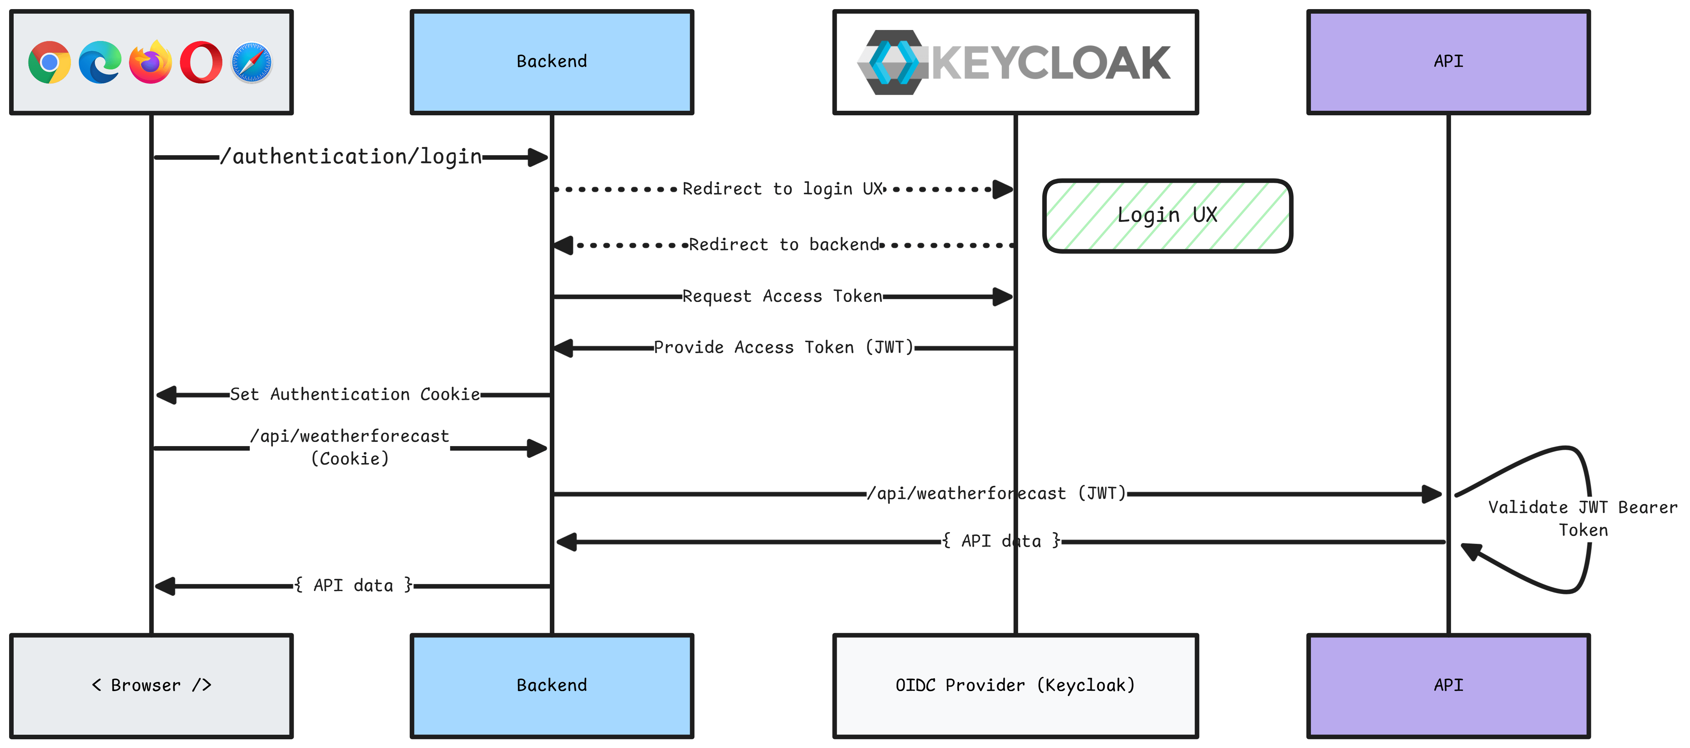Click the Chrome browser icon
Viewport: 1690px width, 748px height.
[49, 62]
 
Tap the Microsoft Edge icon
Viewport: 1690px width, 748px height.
[100, 62]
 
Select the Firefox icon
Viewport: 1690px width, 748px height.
[150, 62]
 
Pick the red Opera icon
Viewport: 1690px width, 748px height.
[201, 62]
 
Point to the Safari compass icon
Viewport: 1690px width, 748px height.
[251, 62]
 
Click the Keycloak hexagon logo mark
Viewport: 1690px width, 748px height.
[892, 62]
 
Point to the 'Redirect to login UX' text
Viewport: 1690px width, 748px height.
[783, 189]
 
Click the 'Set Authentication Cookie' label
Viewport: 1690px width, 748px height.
[355, 394]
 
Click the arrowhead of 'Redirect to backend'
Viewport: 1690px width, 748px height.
[563, 245]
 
